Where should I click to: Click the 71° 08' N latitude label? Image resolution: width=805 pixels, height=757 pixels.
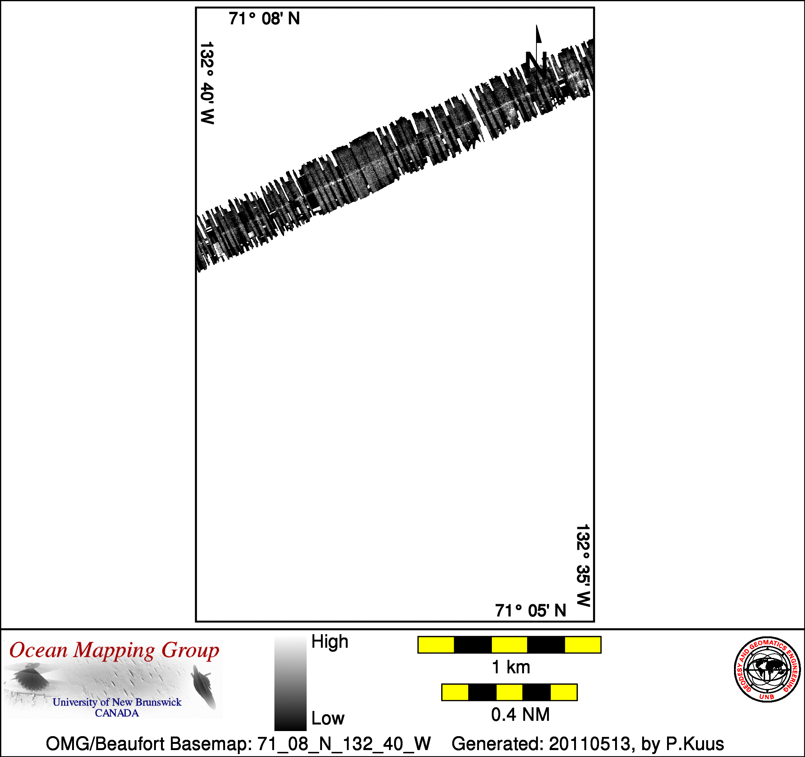pyautogui.click(x=264, y=19)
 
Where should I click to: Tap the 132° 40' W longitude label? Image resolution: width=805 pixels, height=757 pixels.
pyautogui.click(x=207, y=83)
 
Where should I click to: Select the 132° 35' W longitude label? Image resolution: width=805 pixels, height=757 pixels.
pyautogui.click(x=583, y=565)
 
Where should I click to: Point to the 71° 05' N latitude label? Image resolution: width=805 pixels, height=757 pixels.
pyautogui.click(x=531, y=611)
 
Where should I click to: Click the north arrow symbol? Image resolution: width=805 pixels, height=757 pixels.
pyautogui.click(x=537, y=57)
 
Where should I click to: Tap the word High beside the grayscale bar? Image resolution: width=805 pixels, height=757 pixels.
pyautogui.click(x=330, y=642)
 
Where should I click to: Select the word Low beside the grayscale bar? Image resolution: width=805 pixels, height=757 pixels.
pyautogui.click(x=327, y=719)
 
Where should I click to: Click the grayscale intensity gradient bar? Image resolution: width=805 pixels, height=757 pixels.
pyautogui.click(x=290, y=683)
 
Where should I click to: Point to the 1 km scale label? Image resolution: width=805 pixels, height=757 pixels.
pyautogui.click(x=510, y=667)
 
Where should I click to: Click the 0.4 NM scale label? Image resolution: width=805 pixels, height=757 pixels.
pyautogui.click(x=520, y=715)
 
